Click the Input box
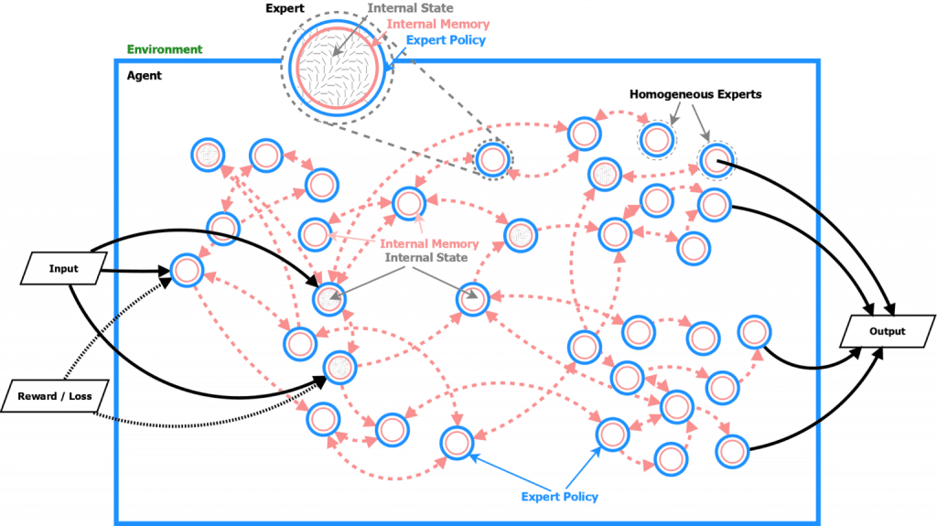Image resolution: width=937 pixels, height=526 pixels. pyautogui.click(x=63, y=268)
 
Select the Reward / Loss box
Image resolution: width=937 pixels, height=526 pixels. pyautogui.click(x=55, y=396)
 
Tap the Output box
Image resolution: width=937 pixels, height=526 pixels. pyautogui.click(x=888, y=331)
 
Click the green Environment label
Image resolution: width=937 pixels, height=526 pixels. pyautogui.click(x=165, y=49)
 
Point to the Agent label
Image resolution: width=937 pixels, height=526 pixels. pyautogui.click(x=144, y=75)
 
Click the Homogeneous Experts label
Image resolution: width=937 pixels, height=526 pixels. pyautogui.click(x=695, y=94)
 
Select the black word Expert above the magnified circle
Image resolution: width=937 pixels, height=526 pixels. pyautogui.click(x=285, y=8)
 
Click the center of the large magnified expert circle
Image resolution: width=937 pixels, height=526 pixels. pyautogui.click(x=338, y=68)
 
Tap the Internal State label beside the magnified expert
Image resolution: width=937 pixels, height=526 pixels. pyautogui.click(x=410, y=7)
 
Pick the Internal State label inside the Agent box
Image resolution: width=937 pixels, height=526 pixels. pyautogui.click(x=426, y=258)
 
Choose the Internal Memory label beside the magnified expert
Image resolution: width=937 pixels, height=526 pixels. pyautogui.click(x=438, y=24)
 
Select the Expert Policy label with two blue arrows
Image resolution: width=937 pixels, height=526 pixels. pyautogui.click(x=559, y=497)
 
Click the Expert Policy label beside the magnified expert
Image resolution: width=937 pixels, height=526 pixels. pyautogui.click(x=446, y=40)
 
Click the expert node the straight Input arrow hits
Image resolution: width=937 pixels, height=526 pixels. pyautogui.click(x=187, y=270)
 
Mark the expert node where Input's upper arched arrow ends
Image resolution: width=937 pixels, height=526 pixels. pyautogui.click(x=329, y=298)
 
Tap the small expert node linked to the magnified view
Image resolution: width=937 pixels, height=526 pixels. pyautogui.click(x=492, y=159)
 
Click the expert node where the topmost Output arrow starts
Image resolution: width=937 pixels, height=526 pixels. pyautogui.click(x=716, y=160)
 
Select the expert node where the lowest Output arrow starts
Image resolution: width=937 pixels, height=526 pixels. pyautogui.click(x=732, y=451)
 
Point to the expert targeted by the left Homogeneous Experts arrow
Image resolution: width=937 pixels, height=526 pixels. pyautogui.click(x=657, y=140)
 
